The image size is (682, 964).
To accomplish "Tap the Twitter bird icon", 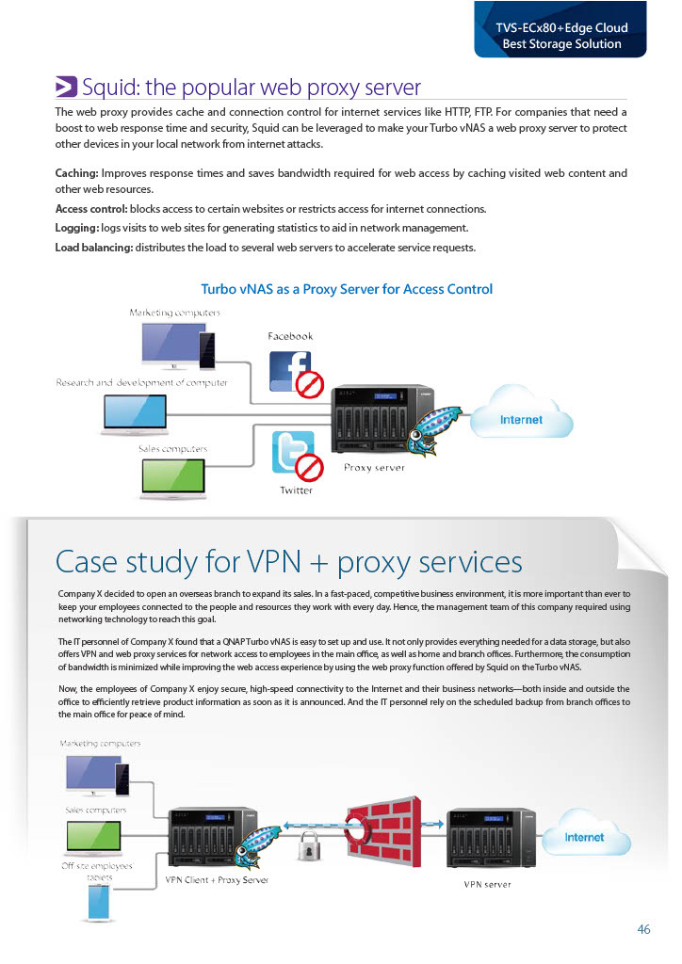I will click(292, 452).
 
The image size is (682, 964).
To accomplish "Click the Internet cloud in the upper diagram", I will click(521, 420).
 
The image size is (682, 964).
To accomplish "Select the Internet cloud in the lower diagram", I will click(584, 836).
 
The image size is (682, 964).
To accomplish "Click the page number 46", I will click(643, 929).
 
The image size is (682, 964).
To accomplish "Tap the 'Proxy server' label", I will click(374, 467).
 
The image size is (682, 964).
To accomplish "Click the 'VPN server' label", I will click(487, 884).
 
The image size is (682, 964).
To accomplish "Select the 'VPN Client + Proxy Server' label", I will click(217, 880).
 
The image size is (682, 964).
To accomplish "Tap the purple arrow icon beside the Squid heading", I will click(66, 88).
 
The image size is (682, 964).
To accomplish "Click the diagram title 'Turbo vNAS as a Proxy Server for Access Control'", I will click(347, 289).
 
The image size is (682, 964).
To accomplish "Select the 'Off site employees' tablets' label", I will click(97, 871).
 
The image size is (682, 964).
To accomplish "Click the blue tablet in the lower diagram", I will click(97, 904).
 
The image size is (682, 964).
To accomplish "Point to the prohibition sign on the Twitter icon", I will click(311, 467).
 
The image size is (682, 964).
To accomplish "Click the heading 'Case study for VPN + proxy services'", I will click(288, 562).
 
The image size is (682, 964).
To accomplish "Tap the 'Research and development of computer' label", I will click(141, 383).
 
